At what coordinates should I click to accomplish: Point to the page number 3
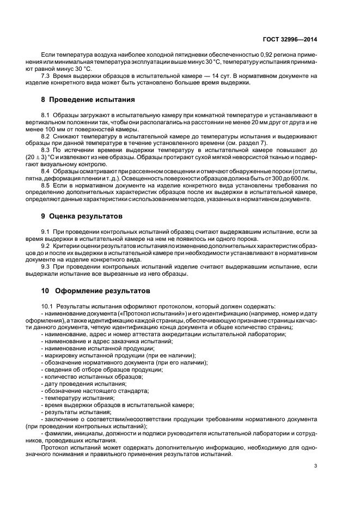[315, 466]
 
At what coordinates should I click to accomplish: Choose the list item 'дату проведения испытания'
[79, 384]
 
